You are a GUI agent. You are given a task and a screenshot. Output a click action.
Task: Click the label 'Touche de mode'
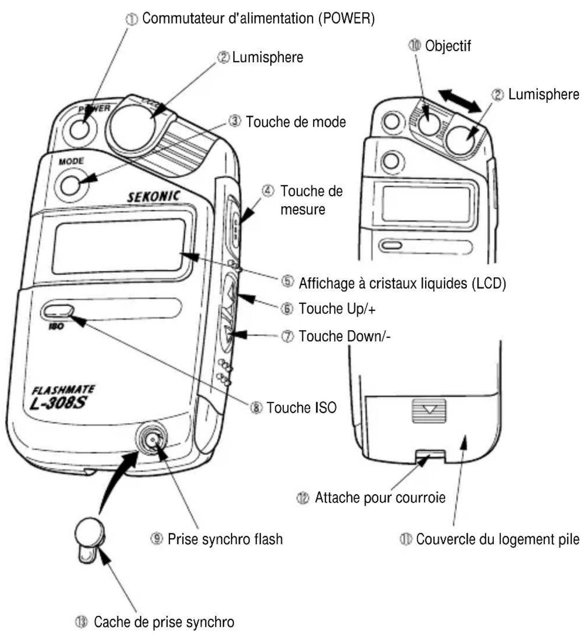[x=296, y=122]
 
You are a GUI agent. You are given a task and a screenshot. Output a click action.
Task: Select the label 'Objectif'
[x=448, y=46]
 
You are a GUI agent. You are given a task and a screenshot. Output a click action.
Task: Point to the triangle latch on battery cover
[x=429, y=410]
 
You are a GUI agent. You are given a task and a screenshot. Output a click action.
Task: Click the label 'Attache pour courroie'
[x=380, y=498]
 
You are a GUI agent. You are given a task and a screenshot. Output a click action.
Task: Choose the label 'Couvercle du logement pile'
[x=497, y=539]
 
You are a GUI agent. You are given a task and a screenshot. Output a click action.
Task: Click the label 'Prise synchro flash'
[x=225, y=539]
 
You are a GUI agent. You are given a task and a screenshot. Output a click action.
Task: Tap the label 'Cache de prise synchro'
[x=164, y=622]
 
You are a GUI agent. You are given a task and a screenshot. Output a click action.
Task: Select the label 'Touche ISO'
[x=301, y=408]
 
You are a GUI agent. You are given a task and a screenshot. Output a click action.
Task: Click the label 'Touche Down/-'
[x=344, y=336]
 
